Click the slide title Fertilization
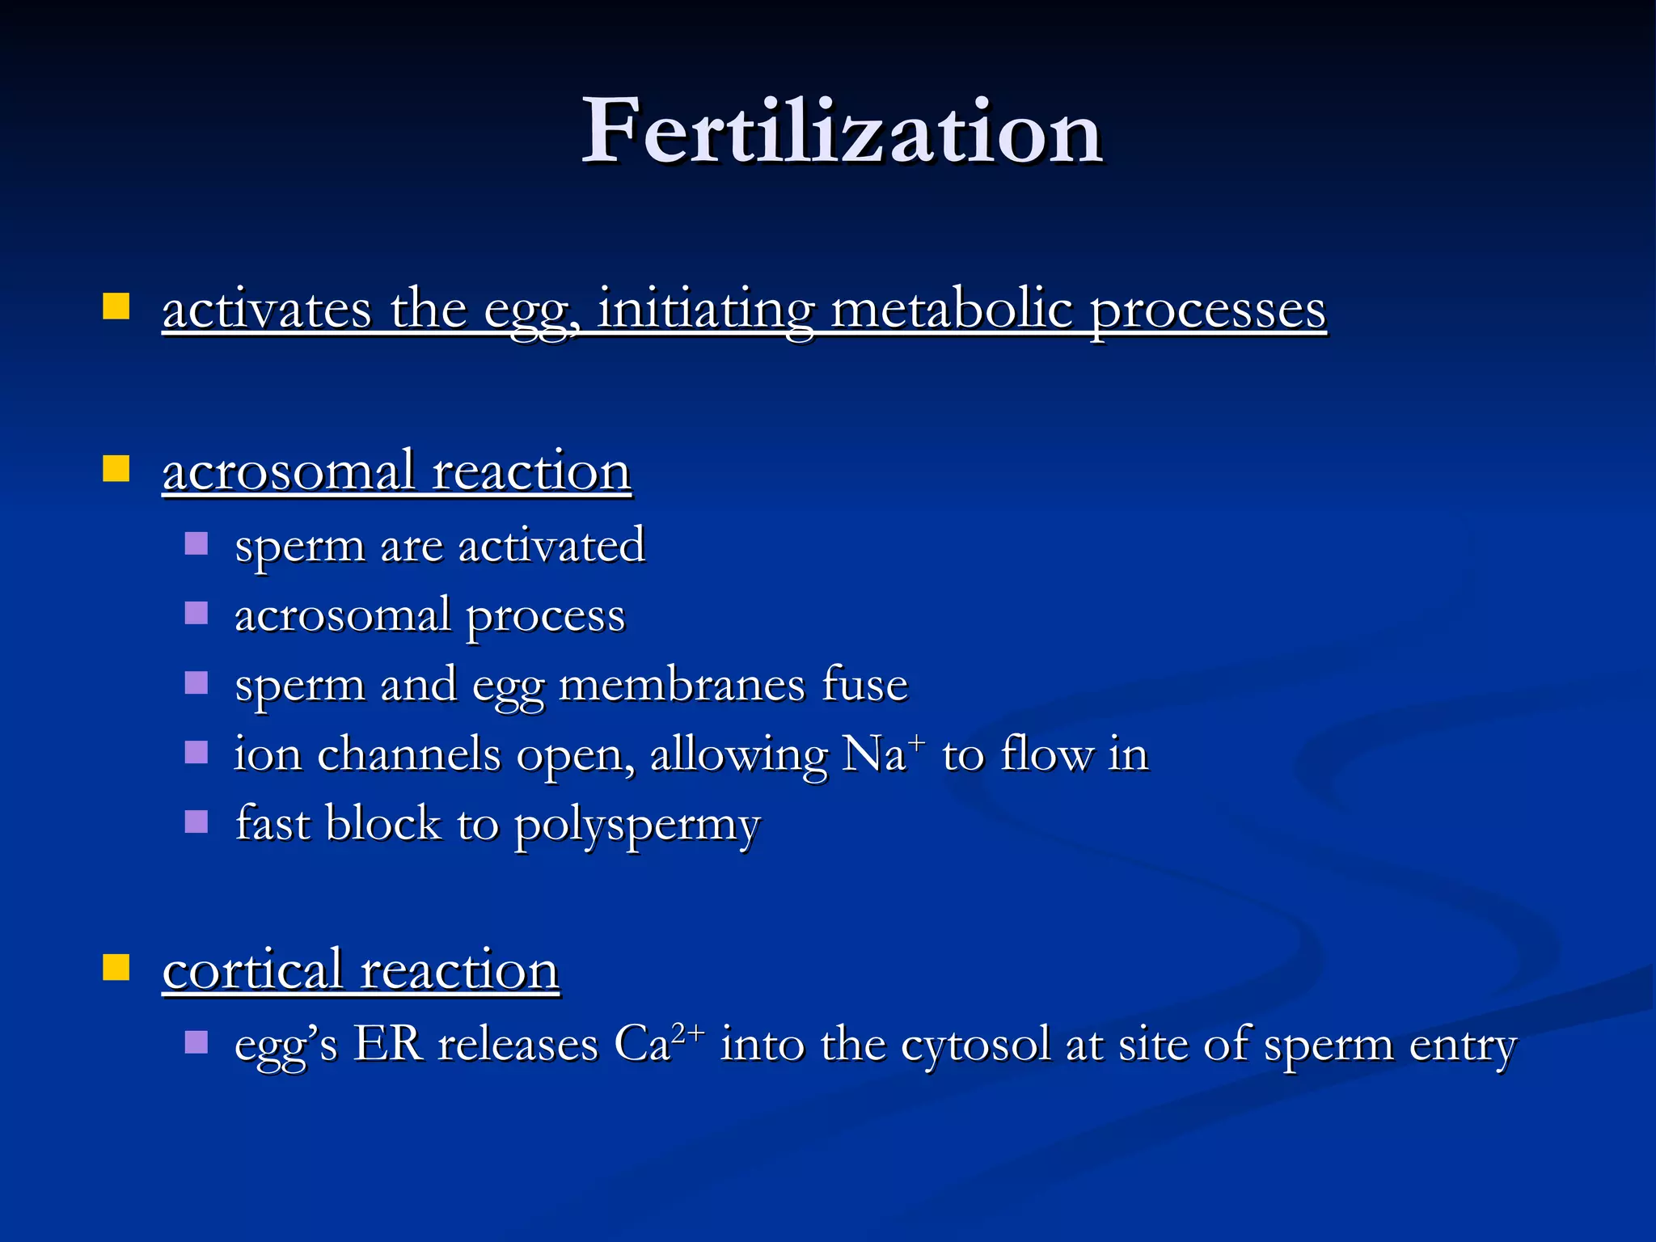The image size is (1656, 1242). pos(842,131)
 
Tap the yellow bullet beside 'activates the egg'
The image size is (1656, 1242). pos(116,307)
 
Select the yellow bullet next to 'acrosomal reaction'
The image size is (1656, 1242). pos(116,469)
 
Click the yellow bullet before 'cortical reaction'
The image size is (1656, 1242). pos(116,967)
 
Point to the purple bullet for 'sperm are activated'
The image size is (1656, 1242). pos(196,543)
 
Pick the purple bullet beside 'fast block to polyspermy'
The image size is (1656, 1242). pos(196,822)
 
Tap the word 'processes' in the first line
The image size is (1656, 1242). pos(1208,310)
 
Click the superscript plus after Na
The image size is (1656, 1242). pos(917,741)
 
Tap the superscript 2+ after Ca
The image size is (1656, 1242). pos(688,1032)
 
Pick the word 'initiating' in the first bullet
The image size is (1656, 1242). pos(705,310)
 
